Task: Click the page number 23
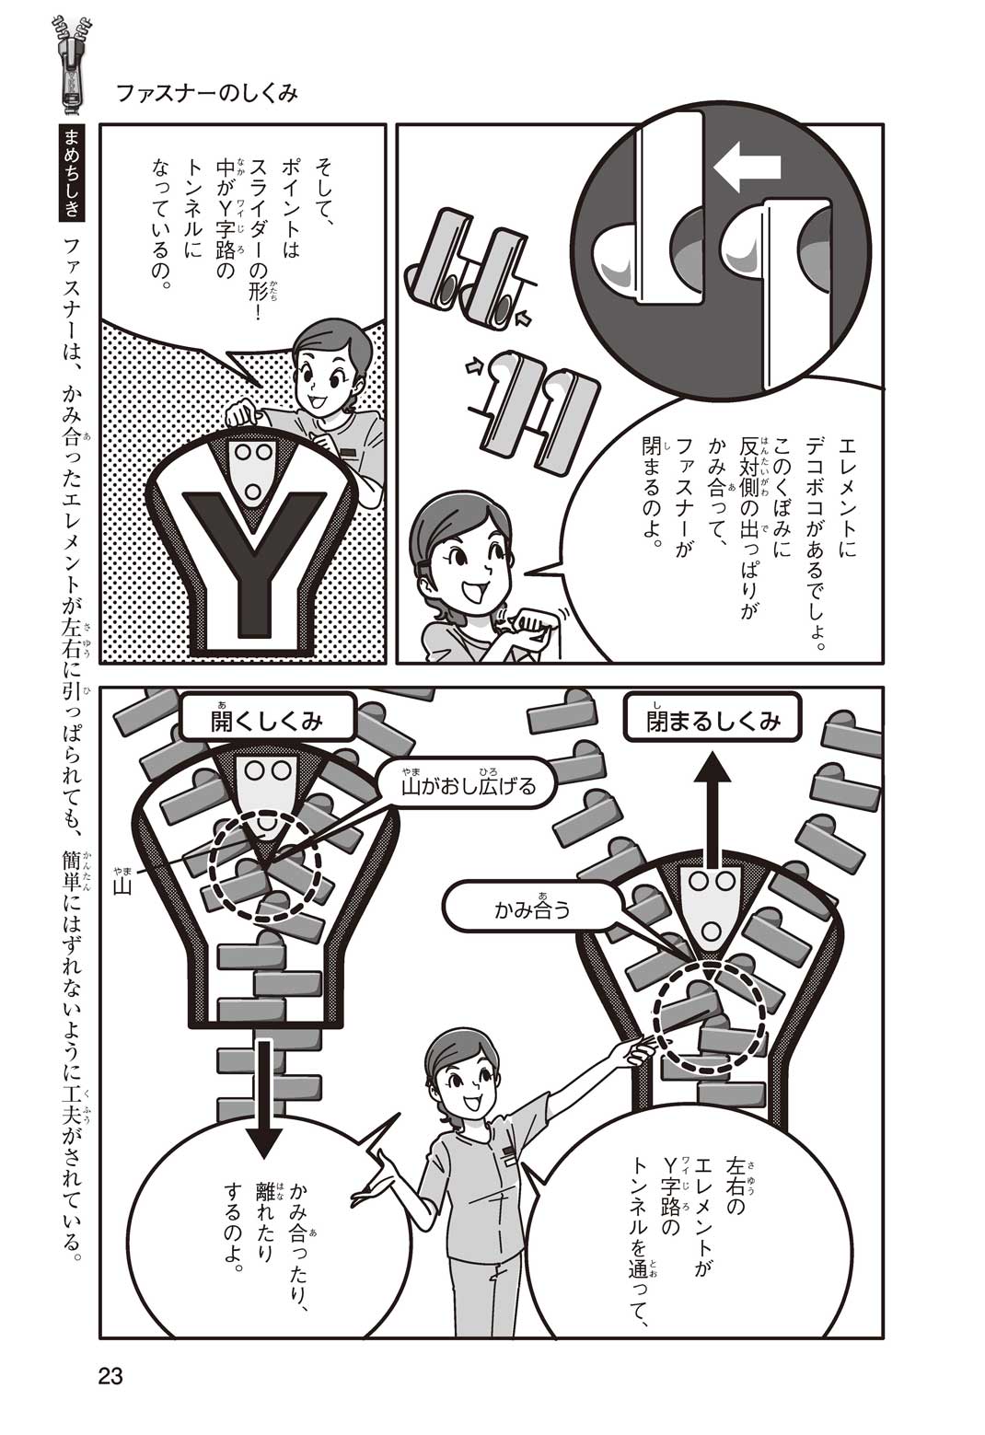110,1376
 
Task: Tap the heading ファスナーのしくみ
207,94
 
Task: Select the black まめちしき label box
71,172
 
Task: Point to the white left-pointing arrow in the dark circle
747,168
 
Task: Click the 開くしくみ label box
267,722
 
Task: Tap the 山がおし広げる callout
469,785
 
